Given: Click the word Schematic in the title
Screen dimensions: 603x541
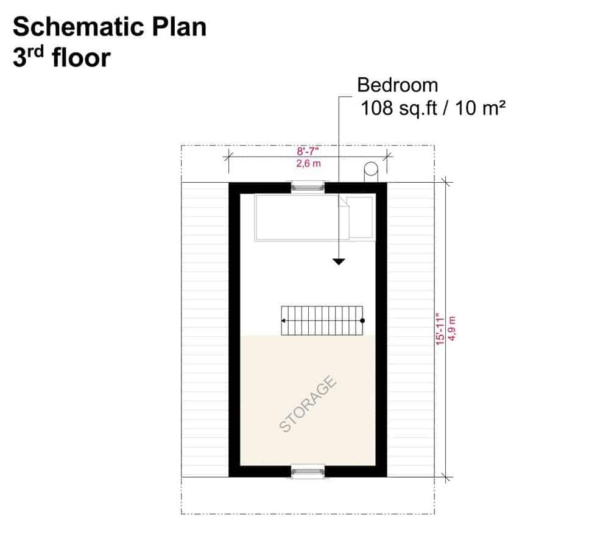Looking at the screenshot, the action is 79,27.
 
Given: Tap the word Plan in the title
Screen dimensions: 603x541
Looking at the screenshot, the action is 179,27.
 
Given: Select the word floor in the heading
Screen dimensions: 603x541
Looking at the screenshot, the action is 81,58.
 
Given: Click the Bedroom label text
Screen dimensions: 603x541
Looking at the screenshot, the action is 398,85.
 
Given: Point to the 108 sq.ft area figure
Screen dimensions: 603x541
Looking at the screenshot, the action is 399,108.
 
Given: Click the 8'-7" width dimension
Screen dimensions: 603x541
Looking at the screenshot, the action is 308,151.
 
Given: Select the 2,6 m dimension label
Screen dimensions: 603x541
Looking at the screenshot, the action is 308,163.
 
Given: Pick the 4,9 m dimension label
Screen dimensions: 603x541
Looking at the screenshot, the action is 452,328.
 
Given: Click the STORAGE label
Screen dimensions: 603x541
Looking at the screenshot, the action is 308,404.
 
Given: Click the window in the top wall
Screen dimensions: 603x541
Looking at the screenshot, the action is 308,188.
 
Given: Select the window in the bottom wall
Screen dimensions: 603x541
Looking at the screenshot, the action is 308,472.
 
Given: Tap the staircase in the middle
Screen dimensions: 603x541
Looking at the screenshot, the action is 322,320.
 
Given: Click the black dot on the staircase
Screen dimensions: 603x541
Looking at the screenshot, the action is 362,320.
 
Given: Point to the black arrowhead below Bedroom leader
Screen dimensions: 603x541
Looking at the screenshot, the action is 339,261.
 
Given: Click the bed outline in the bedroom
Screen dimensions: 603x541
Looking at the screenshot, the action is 314,217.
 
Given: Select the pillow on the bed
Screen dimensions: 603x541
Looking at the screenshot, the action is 361,217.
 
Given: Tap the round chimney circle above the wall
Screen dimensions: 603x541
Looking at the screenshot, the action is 371,169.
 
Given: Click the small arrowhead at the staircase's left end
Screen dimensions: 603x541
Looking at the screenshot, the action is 283,320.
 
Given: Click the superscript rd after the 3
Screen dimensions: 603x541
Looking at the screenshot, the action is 35,52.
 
